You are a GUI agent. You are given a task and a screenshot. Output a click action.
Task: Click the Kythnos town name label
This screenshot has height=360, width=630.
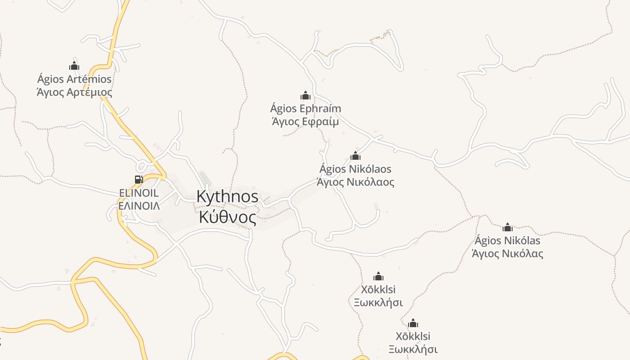coord(227,197)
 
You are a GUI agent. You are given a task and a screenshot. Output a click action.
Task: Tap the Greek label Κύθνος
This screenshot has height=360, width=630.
coord(227,217)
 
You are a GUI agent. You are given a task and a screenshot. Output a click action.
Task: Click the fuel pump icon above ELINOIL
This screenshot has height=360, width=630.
coord(139,180)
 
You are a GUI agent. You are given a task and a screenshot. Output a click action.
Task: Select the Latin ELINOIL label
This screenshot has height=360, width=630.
coord(139,193)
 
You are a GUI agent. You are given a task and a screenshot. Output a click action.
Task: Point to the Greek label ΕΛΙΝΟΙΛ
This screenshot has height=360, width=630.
coord(139,206)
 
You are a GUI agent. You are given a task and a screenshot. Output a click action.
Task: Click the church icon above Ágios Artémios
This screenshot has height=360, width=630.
coord(74,66)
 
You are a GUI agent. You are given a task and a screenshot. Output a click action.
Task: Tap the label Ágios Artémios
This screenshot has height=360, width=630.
coord(74,79)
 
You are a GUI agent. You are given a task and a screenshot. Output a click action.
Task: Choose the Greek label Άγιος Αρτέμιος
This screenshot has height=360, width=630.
coord(74,93)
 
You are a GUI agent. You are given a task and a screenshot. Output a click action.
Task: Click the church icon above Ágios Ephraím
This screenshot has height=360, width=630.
coord(306,95)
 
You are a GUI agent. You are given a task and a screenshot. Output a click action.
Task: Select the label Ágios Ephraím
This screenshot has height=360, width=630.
coord(306,108)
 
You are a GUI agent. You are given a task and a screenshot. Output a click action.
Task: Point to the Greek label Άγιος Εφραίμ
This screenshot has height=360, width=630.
coord(306,121)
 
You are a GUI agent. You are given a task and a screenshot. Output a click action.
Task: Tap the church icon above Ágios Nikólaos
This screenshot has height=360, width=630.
coord(355,156)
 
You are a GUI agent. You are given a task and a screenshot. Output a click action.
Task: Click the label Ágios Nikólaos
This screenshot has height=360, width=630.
coord(355,169)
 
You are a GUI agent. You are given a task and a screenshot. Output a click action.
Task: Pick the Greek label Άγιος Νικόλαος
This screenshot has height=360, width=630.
coord(355,182)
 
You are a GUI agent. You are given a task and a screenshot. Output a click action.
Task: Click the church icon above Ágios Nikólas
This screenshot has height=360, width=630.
coord(508,227)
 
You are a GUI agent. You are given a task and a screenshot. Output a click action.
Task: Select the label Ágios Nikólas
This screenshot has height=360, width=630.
coord(508,240)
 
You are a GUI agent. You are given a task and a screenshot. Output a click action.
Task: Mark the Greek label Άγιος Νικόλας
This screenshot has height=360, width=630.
coord(508,254)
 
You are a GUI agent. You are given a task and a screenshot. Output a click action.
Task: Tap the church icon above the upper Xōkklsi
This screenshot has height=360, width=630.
coord(378,276)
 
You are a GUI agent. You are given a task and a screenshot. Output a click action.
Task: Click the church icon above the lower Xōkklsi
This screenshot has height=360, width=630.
coord(413,323)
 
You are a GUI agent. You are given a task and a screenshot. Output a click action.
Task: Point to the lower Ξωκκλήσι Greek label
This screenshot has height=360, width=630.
coord(413,349)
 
